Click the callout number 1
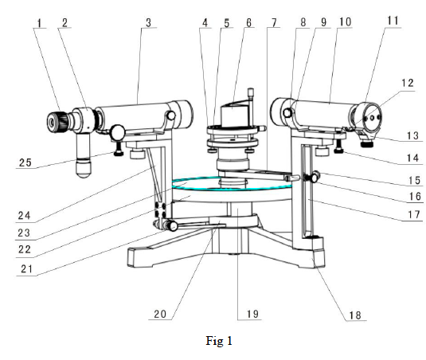click(39, 23)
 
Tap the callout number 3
click(148, 23)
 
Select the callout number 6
click(249, 23)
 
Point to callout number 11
click(393, 21)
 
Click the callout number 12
click(408, 83)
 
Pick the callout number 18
click(355, 315)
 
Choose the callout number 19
click(252, 314)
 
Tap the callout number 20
click(160, 314)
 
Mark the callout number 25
click(25, 162)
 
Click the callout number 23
click(24, 233)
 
